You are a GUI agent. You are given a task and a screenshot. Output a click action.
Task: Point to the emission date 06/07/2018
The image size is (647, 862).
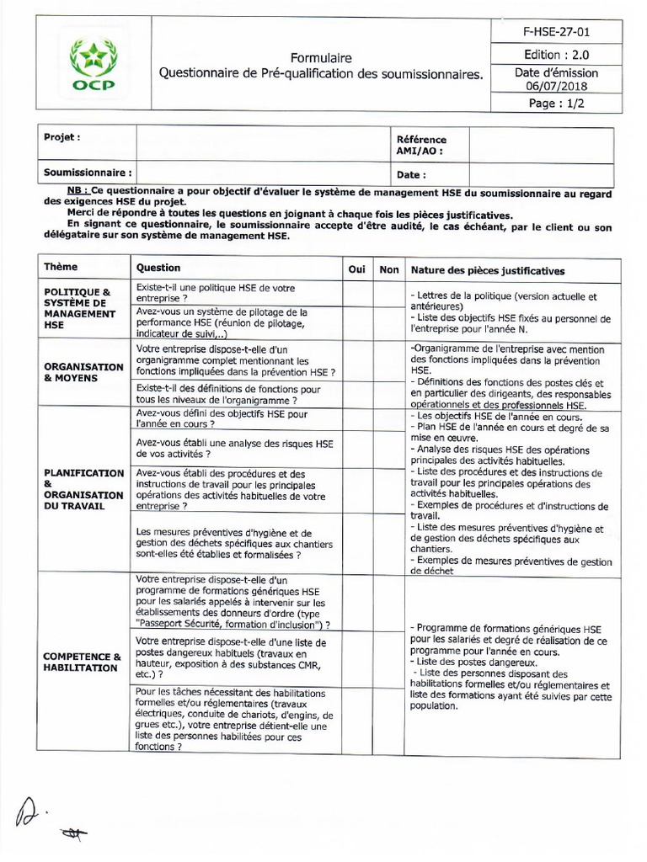pyautogui.click(x=556, y=86)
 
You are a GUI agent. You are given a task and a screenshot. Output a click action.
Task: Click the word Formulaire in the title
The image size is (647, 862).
pyautogui.click(x=322, y=58)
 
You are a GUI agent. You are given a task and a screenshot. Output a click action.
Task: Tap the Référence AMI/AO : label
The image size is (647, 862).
pyautogui.click(x=420, y=146)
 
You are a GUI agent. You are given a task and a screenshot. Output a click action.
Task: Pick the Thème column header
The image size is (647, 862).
pyautogui.click(x=61, y=269)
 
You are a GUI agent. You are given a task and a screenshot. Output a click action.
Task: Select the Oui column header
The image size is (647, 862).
pyautogui.click(x=357, y=269)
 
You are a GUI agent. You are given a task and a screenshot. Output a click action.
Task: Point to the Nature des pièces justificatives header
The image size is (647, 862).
pyautogui.click(x=487, y=270)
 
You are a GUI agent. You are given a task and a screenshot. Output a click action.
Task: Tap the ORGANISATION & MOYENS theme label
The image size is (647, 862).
pyautogui.click(x=83, y=373)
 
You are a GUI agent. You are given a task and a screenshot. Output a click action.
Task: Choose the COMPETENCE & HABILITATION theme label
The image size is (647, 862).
pyautogui.click(x=83, y=662)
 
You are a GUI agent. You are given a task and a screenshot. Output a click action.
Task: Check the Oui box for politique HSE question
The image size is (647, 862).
pyautogui.click(x=357, y=293)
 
